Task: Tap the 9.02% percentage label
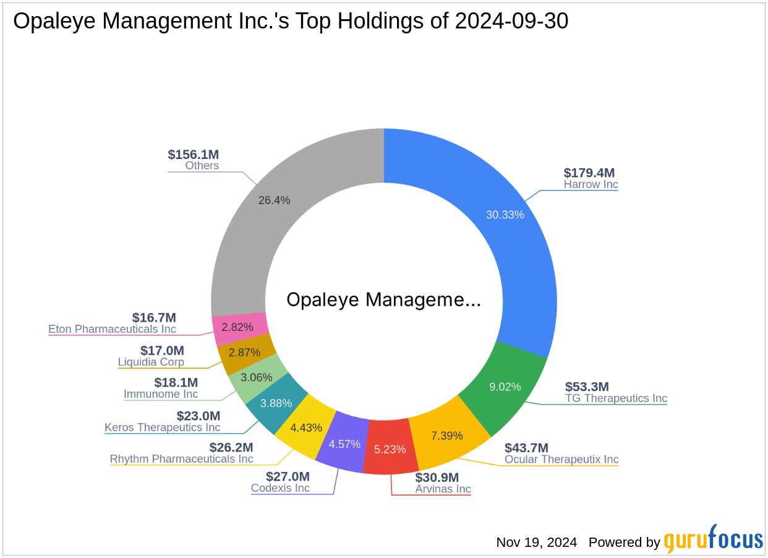pyautogui.click(x=505, y=387)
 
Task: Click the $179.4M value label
pyautogui.click(x=589, y=173)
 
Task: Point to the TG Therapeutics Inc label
pyautogui.click(x=616, y=398)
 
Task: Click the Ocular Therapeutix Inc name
pyautogui.click(x=561, y=459)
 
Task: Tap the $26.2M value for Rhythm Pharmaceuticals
pyautogui.click(x=231, y=447)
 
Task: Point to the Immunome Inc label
pyautogui.click(x=161, y=394)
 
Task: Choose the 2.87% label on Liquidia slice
pyautogui.click(x=244, y=352)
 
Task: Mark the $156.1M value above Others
pyautogui.click(x=193, y=155)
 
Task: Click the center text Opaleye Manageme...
pyautogui.click(x=383, y=300)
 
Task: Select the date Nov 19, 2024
pyautogui.click(x=536, y=543)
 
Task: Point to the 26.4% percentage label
pyautogui.click(x=273, y=200)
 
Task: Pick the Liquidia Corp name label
pyautogui.click(x=151, y=362)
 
